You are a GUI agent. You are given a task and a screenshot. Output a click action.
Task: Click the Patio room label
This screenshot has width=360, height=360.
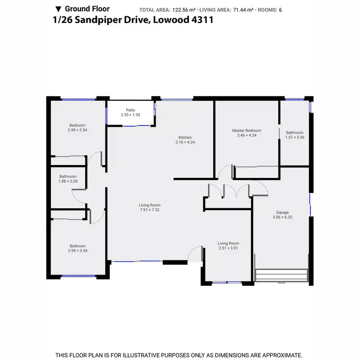pos(131,110)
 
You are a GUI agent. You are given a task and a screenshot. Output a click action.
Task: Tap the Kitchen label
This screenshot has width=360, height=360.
pos(185,137)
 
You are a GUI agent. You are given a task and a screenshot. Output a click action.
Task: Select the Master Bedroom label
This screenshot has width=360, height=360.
pos(247,131)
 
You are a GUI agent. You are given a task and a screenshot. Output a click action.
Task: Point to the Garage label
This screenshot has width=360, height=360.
pos(282,212)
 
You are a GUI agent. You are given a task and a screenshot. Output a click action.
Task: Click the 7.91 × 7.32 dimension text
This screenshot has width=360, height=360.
pos(150,210)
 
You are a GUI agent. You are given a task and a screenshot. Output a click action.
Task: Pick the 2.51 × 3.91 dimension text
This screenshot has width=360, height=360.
pos(228,248)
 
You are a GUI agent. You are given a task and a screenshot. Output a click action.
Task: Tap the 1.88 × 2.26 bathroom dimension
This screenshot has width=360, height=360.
pos(68,181)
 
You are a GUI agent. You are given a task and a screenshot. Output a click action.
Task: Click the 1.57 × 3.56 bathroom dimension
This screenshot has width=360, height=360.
pos(295,137)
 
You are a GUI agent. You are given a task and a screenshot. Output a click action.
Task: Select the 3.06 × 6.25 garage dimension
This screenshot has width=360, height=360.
pos(282,217)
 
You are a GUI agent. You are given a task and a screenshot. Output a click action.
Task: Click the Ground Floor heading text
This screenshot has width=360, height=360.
pos(87,9)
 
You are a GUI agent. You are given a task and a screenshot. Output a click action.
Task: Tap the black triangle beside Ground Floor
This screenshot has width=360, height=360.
pos(59,9)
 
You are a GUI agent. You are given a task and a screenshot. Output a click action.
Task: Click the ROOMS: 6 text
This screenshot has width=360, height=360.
pos(273,10)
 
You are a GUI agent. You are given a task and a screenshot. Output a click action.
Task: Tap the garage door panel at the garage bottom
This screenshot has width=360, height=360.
pos(281,276)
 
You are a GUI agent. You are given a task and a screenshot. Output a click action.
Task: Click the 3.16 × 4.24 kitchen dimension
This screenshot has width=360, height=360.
pos(185,142)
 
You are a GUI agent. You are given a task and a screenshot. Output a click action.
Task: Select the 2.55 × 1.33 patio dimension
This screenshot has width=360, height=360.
pos(131,115)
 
